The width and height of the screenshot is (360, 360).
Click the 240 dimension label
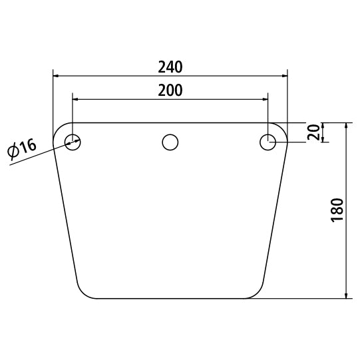coord(170,67)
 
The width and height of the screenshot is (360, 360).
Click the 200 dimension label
coord(170,90)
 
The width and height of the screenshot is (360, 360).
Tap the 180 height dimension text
coord(337,210)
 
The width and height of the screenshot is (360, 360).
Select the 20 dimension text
coord(313,132)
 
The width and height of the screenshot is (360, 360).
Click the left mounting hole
coord(73,142)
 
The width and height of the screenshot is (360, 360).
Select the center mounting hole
coord(170,142)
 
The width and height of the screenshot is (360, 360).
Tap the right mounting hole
coord(268,142)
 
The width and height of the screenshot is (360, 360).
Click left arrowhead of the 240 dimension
coord(56,76)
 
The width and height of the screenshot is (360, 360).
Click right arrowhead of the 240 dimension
coord(285,76)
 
